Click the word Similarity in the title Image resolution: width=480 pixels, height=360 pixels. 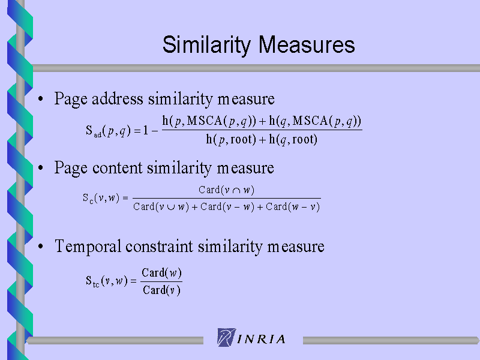coord(206,46)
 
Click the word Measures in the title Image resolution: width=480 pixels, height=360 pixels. coord(307,44)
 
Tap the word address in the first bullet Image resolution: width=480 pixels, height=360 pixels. coord(117,98)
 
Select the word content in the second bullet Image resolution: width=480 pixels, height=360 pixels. coord(117,168)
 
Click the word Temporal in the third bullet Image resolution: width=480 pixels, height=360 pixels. coord(88,247)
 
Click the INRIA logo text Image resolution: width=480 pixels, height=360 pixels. coord(261,339)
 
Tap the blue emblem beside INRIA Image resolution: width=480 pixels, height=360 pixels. coord(227,337)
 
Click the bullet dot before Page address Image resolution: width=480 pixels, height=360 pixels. coord(41,98)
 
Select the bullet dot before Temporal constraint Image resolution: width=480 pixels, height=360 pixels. coord(41,247)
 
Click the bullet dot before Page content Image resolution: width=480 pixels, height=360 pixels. coord(41,168)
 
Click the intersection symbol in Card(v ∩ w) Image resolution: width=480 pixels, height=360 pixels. coord(236,191)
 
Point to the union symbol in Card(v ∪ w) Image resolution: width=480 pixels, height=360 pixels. coord(171,208)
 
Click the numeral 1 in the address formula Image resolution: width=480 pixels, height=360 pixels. coord(146,130)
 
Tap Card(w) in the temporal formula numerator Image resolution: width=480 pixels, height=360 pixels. coord(161,273)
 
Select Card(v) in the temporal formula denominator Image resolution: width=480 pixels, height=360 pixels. coord(161,290)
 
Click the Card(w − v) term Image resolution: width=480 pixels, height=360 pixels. coord(293,207)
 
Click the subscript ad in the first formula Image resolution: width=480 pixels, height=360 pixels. coord(98,134)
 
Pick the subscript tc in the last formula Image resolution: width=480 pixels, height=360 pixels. coord(96,284)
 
